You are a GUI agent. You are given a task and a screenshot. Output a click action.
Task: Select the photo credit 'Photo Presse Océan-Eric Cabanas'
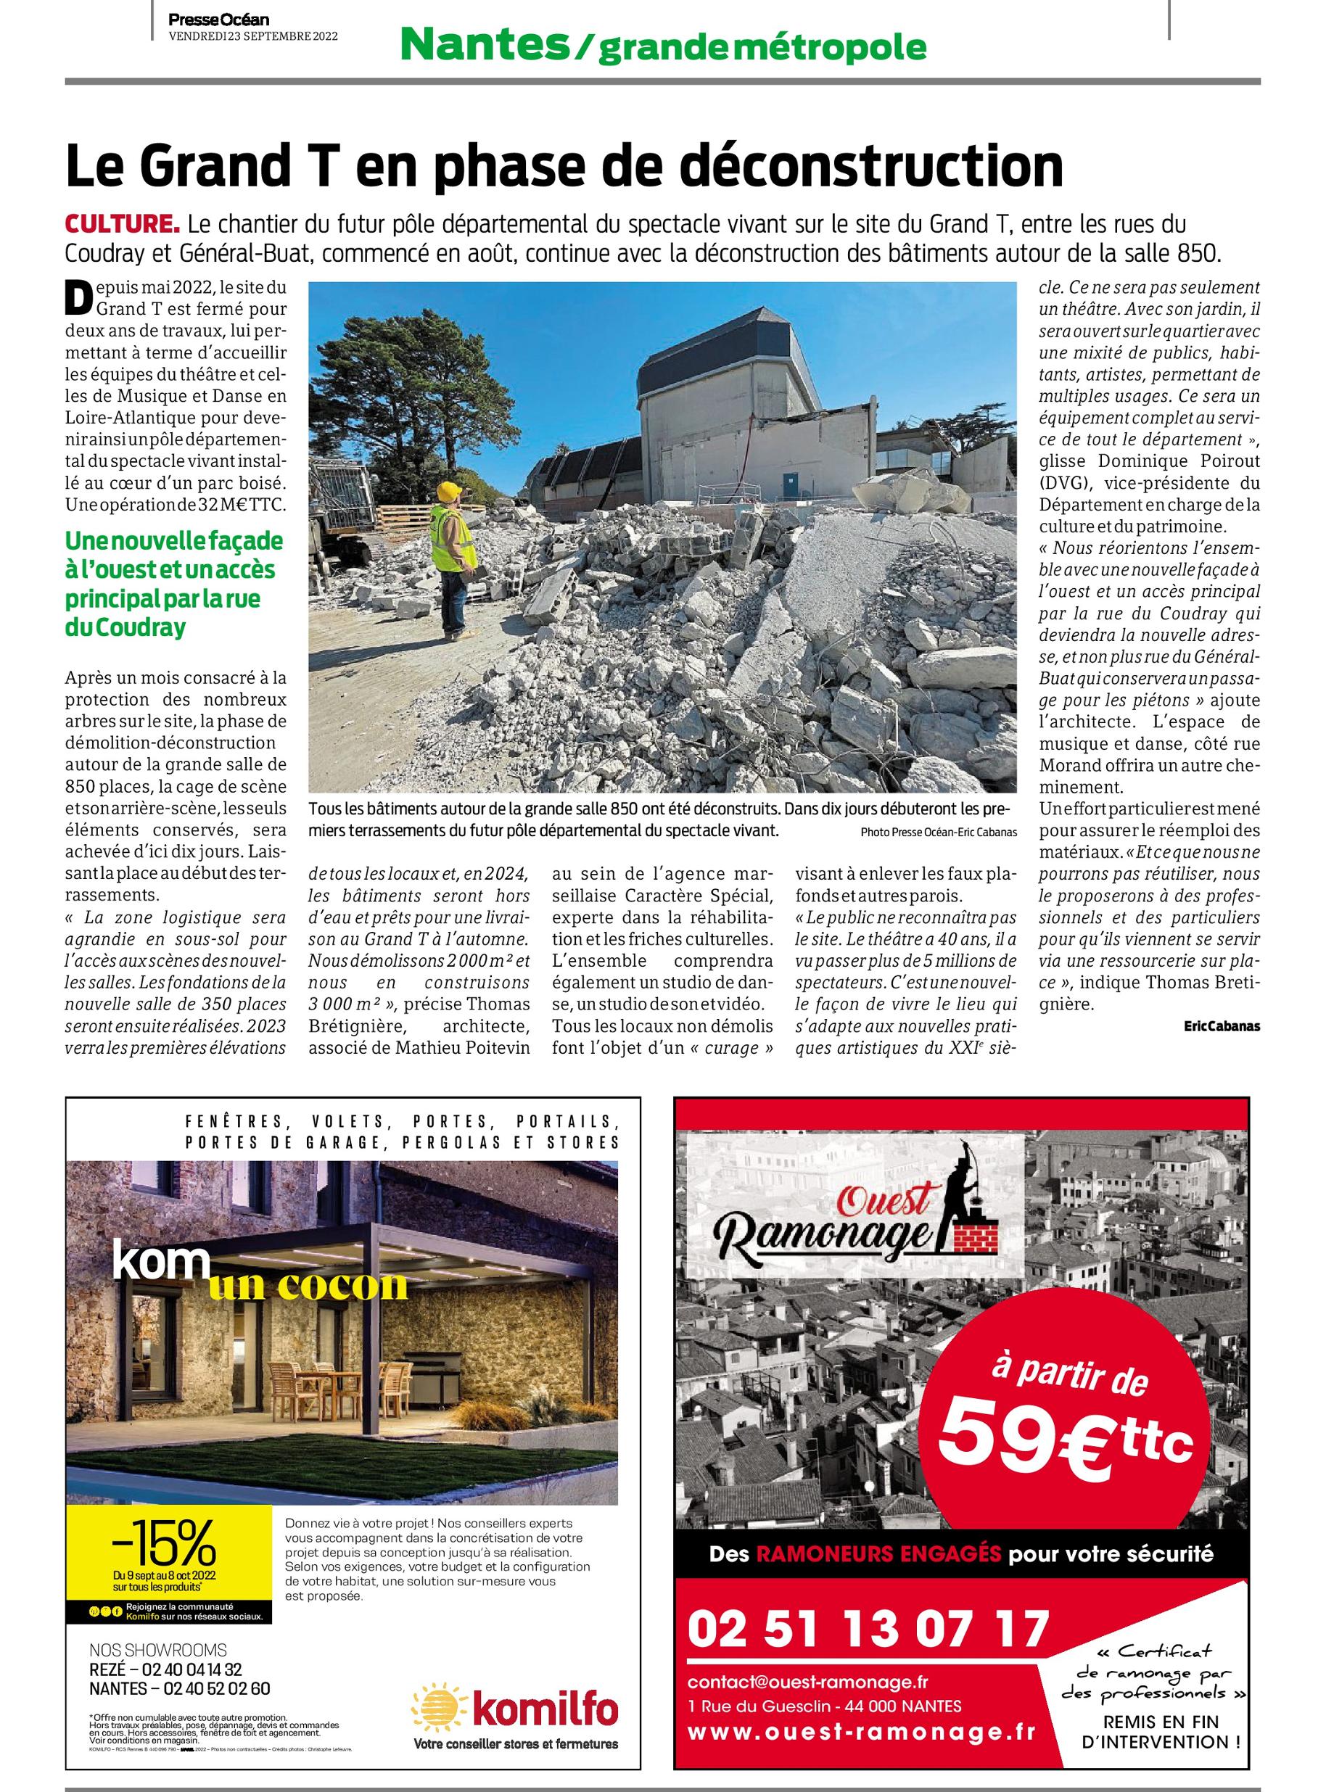(x=926, y=833)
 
